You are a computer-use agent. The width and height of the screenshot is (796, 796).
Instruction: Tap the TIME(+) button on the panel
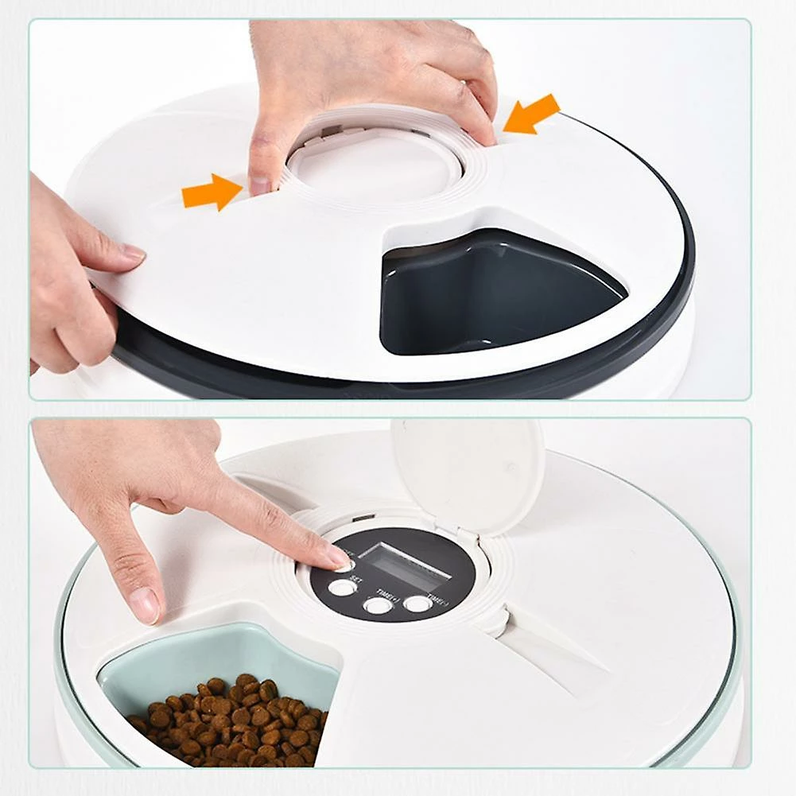378,606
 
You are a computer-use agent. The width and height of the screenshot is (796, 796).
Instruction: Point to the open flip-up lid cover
468,472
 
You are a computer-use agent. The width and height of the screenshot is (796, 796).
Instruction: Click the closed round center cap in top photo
374,163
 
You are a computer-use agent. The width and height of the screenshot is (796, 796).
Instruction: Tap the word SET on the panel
357,579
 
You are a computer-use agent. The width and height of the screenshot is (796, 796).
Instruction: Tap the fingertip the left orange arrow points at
259,184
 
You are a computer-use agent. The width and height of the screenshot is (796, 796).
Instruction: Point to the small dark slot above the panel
365,518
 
